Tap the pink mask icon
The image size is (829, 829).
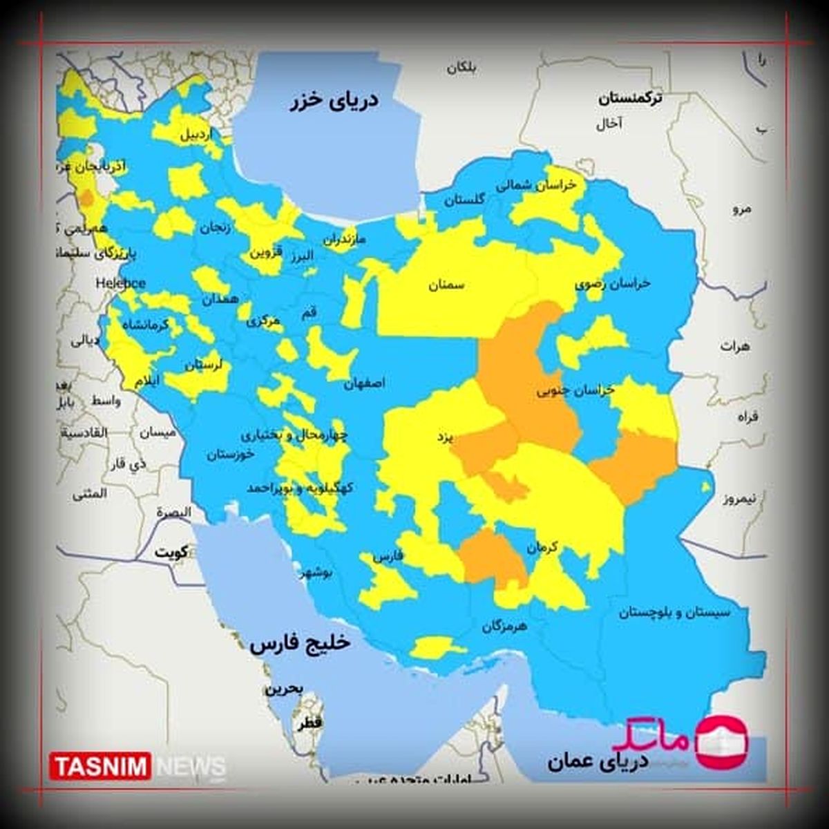tap(721, 742)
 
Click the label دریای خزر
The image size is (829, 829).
tap(334, 101)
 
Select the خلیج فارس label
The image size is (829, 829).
tap(301, 644)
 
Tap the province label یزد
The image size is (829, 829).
tap(444, 437)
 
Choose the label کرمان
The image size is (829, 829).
tap(542, 548)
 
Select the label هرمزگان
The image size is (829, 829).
tap(504, 627)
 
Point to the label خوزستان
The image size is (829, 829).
tap(230, 455)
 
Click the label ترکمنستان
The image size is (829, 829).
tap(629, 99)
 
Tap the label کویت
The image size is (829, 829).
tap(172, 553)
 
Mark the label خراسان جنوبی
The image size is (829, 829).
tap(575, 390)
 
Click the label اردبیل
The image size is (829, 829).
tap(197, 135)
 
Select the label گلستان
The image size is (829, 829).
tap(464, 200)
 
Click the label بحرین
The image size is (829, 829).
tap(283, 689)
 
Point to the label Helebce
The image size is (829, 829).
tap(120, 283)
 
